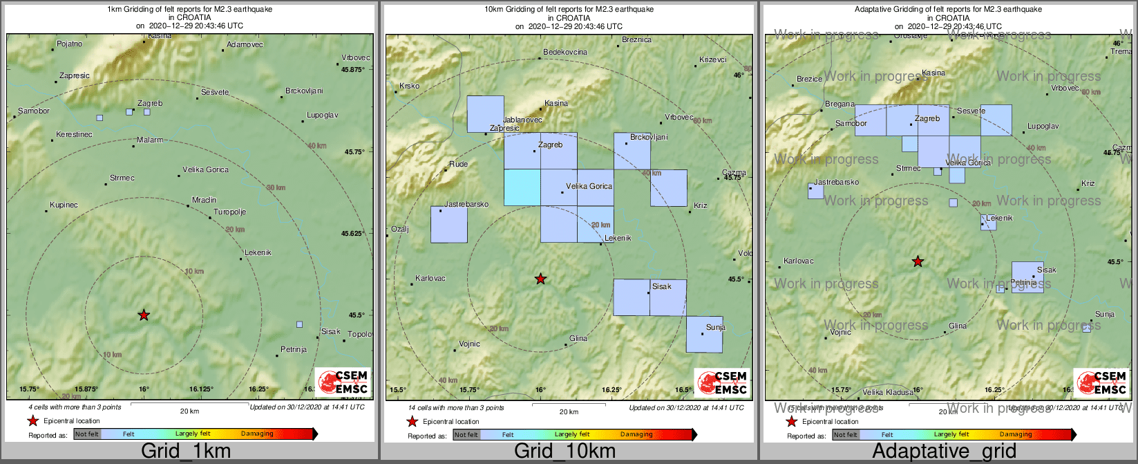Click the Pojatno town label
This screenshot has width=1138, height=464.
tap(69, 44)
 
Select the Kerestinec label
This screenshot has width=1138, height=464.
tap(74, 134)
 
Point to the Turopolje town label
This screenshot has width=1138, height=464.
tap(230, 212)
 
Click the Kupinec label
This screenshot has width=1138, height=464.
tap(64, 205)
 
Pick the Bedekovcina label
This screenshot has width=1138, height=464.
tap(565, 53)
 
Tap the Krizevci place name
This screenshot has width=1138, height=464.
tap(713, 60)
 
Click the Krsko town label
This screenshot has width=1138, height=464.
tap(410, 86)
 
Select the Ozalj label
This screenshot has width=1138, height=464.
tap(400, 229)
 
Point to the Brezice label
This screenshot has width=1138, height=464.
tap(809, 80)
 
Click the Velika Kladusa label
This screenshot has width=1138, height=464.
tap(889, 393)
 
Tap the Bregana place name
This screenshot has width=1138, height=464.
tap(840, 104)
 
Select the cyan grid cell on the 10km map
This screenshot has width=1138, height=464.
tap(522, 187)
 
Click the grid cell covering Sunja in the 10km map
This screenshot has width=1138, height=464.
tap(704, 334)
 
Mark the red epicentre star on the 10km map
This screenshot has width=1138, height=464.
tap(540, 279)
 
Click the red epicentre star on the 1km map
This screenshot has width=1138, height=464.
tap(144, 315)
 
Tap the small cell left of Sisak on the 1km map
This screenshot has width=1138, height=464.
tap(299, 324)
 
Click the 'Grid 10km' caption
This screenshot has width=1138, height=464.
tap(565, 452)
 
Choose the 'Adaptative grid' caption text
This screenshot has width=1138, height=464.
tap(944, 452)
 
